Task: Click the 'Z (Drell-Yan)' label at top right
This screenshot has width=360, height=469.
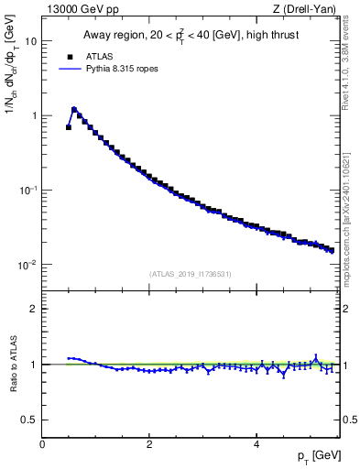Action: click(x=310, y=10)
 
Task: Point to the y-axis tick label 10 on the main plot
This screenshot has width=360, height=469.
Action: click(x=31, y=41)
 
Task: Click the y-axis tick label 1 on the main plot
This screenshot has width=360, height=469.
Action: click(x=34, y=115)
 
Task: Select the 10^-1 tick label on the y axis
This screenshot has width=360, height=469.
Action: click(x=28, y=190)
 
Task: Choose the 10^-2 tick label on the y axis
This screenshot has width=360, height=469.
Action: click(x=28, y=264)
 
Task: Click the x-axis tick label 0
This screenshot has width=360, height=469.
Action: click(x=42, y=444)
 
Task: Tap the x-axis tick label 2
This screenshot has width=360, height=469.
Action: click(x=149, y=444)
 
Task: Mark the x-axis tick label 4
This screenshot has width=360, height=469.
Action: click(x=256, y=444)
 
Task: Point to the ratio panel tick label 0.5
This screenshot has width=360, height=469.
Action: click(x=30, y=420)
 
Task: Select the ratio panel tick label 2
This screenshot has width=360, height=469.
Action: click(x=34, y=309)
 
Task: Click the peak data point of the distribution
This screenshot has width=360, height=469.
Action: click(x=74, y=110)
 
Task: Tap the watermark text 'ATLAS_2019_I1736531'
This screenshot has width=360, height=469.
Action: click(x=189, y=274)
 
